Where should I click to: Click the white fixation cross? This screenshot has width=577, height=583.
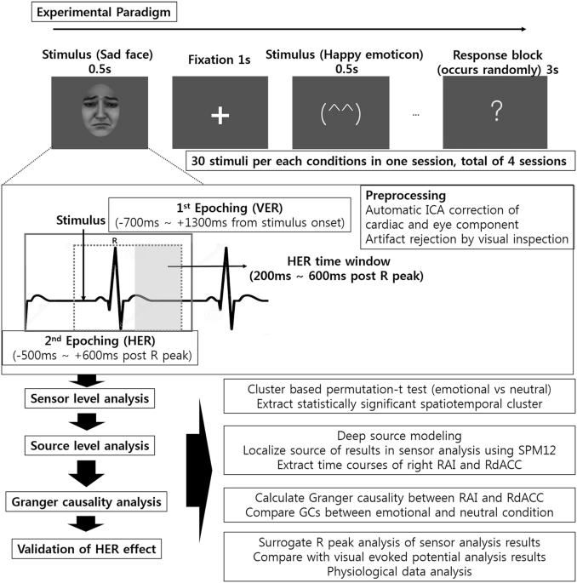pos(220,116)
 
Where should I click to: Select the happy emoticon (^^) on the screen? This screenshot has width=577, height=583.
pos(340,115)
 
